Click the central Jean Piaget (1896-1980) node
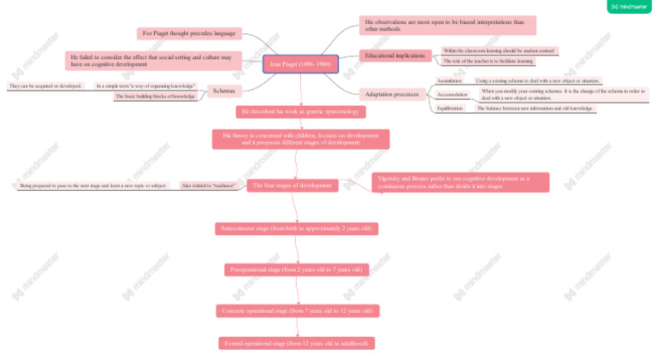pyautogui.click(x=300, y=64)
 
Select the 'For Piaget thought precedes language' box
pyautogui.click(x=189, y=33)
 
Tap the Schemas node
pyautogui.click(x=223, y=91)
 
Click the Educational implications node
pyautogui.click(x=394, y=56)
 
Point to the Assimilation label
pyautogui.click(x=450, y=80)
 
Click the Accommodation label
pyautogui.click(x=453, y=94)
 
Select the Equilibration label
pyautogui.click(x=450, y=109)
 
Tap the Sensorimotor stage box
pyautogui.click(x=296, y=228)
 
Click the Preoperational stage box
pyautogui.click(x=296, y=269)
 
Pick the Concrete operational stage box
pyautogui.click(x=297, y=310)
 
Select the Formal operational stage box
pyautogui.click(x=296, y=343)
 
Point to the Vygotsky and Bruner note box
pyautogui.click(x=461, y=182)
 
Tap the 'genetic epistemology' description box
pyautogui.click(x=301, y=112)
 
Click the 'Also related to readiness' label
pyautogui.click(x=208, y=185)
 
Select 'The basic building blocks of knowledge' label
pyautogui.click(x=156, y=97)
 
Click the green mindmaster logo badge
pyautogui.click(x=629, y=7)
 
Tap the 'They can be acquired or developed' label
pyautogui.click(x=45, y=86)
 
